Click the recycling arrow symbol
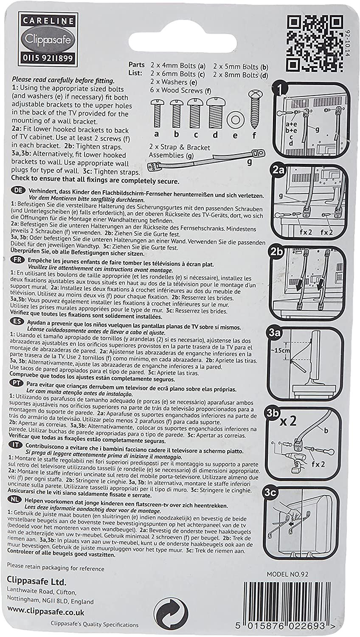(x=170, y=614)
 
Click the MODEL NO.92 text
(x=287, y=574)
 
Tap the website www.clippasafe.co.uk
(x=45, y=612)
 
